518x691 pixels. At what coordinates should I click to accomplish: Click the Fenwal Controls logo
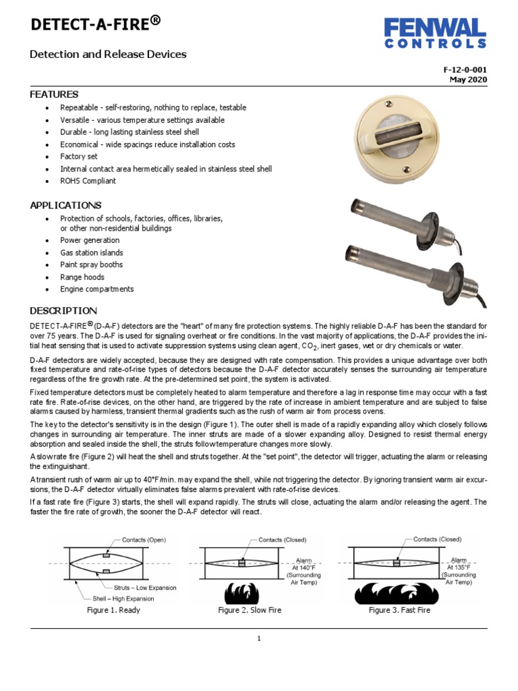[x=435, y=33]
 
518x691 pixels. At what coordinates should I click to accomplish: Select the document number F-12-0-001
[x=465, y=70]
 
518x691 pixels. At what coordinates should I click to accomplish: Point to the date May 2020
[x=468, y=80]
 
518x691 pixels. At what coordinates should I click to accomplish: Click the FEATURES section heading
[x=54, y=94]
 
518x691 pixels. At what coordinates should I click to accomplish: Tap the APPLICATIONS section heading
[x=65, y=205]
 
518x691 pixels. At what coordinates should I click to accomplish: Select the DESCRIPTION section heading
[x=63, y=311]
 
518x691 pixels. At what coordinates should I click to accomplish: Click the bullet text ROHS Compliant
[x=88, y=181]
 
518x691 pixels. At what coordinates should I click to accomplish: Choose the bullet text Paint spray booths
[x=91, y=265]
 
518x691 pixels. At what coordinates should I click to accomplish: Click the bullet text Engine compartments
[x=96, y=289]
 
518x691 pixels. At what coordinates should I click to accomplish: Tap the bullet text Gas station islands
[x=91, y=252]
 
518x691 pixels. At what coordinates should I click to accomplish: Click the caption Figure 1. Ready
[x=113, y=610]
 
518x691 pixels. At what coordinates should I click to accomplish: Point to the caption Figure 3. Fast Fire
[x=399, y=610]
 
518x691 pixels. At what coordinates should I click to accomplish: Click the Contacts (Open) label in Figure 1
[x=144, y=540]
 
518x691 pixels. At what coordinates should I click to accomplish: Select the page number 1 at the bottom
[x=259, y=639]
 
